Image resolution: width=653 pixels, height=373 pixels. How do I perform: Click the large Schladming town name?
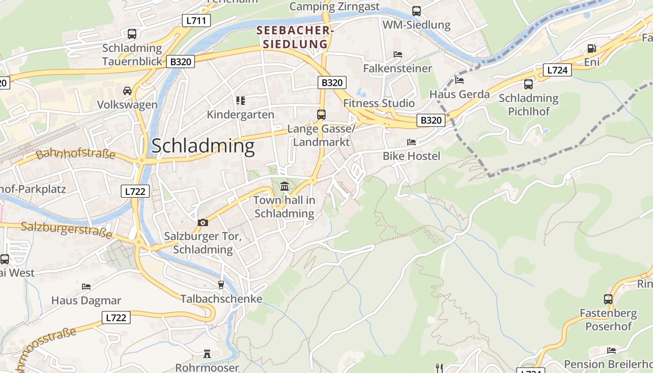coord(203,146)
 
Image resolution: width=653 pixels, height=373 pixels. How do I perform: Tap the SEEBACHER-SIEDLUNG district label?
coord(295,37)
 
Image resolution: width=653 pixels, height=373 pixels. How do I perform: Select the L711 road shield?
coord(196,21)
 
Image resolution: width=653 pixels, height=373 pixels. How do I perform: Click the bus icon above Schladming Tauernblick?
coord(132,34)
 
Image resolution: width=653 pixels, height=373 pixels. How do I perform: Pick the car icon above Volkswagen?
coord(127,90)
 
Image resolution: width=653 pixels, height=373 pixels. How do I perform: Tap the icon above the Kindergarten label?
coord(241,100)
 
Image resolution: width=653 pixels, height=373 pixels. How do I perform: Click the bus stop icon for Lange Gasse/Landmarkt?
coord(321,114)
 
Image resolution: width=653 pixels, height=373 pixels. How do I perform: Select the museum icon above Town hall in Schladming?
coord(285,187)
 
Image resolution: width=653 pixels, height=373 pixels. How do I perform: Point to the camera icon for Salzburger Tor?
coord(202,222)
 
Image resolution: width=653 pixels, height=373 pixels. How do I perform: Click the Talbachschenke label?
coord(222,299)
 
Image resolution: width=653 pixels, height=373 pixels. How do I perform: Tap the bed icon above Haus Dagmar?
coord(86,286)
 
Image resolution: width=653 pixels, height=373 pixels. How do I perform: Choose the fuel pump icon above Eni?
coord(591,48)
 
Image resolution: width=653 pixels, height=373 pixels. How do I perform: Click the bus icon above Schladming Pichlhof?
coord(528,84)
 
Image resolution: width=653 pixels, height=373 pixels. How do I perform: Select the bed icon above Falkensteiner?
coord(398,55)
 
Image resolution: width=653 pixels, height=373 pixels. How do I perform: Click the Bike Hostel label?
coord(411,156)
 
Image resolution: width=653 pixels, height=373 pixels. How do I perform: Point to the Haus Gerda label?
coord(459,94)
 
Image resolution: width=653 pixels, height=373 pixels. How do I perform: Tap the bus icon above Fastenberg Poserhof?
coord(608,299)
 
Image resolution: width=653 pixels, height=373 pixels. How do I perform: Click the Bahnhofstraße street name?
coord(76,153)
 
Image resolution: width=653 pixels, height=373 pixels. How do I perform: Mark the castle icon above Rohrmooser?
coord(207,354)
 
